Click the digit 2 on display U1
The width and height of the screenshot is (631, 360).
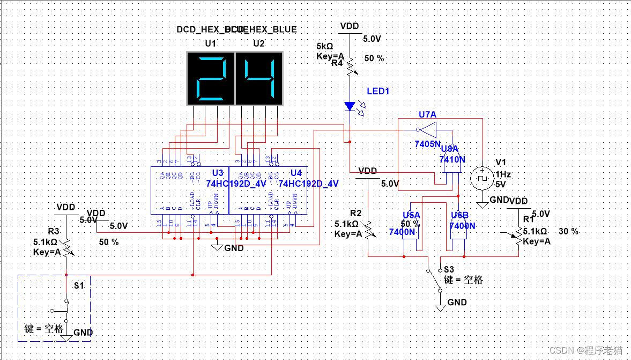[x=210, y=78]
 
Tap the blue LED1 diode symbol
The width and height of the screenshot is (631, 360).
[x=350, y=106]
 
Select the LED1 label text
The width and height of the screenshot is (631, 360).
[x=378, y=91]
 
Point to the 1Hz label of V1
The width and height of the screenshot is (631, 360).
[x=503, y=174]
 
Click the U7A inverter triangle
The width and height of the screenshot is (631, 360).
[x=427, y=129]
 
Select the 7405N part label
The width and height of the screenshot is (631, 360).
[x=427, y=144]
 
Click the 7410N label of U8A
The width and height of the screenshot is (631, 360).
[x=452, y=159]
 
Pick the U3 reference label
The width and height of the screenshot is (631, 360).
[x=218, y=173]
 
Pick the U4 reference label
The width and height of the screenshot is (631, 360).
[x=296, y=173]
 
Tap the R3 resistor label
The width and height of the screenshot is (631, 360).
[x=54, y=231]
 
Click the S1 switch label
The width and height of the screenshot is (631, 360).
[x=79, y=285]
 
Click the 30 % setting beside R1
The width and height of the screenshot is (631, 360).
[x=568, y=231]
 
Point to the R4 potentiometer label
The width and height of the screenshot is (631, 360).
[x=337, y=63]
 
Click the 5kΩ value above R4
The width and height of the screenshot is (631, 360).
[x=325, y=46]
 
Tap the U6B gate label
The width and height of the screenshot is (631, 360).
[x=459, y=215]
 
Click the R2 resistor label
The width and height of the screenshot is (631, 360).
[x=356, y=213]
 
